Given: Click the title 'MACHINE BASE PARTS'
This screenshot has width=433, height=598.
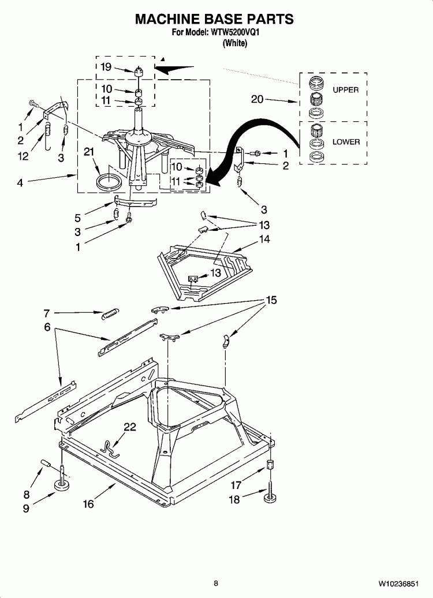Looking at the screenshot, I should [214, 19].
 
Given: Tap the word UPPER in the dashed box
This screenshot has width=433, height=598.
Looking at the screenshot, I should [345, 90].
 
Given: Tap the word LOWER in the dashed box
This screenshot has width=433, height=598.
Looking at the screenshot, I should [346, 142].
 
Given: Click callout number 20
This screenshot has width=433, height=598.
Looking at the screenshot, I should [257, 99].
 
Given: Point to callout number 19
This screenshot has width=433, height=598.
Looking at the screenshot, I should [106, 67].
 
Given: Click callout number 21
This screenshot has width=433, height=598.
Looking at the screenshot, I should [88, 152].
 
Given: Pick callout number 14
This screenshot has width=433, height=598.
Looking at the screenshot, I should [264, 238].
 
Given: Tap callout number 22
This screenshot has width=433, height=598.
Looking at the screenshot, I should [130, 427].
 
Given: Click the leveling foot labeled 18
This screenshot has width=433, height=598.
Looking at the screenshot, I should [270, 495].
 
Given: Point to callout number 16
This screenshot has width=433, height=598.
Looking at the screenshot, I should [88, 504].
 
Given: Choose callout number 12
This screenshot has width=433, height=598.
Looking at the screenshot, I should [23, 155].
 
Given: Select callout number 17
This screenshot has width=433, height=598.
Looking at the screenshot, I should [236, 485].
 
